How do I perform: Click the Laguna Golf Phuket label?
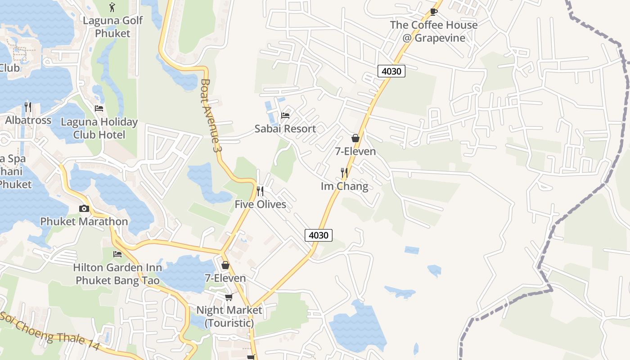point(112,27)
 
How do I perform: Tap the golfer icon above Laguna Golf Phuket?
point(112,7)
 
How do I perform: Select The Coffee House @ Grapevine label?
point(434,31)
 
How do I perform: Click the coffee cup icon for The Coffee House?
point(434,11)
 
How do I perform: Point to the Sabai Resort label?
point(285,129)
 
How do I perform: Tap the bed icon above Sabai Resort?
point(285,116)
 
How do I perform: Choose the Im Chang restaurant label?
point(344,186)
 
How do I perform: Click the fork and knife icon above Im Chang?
point(344,172)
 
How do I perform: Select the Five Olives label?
point(260,204)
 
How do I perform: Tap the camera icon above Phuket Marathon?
point(84,208)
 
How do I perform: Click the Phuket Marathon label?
point(84,221)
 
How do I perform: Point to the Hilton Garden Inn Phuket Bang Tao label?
point(117,274)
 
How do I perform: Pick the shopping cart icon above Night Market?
point(229,297)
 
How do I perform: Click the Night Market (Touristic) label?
point(229,316)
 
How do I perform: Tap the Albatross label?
point(28,121)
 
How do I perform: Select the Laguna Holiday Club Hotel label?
point(99,128)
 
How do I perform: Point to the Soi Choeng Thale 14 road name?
point(49,331)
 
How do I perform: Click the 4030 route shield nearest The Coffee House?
point(391,71)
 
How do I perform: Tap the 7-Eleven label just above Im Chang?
point(355,151)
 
